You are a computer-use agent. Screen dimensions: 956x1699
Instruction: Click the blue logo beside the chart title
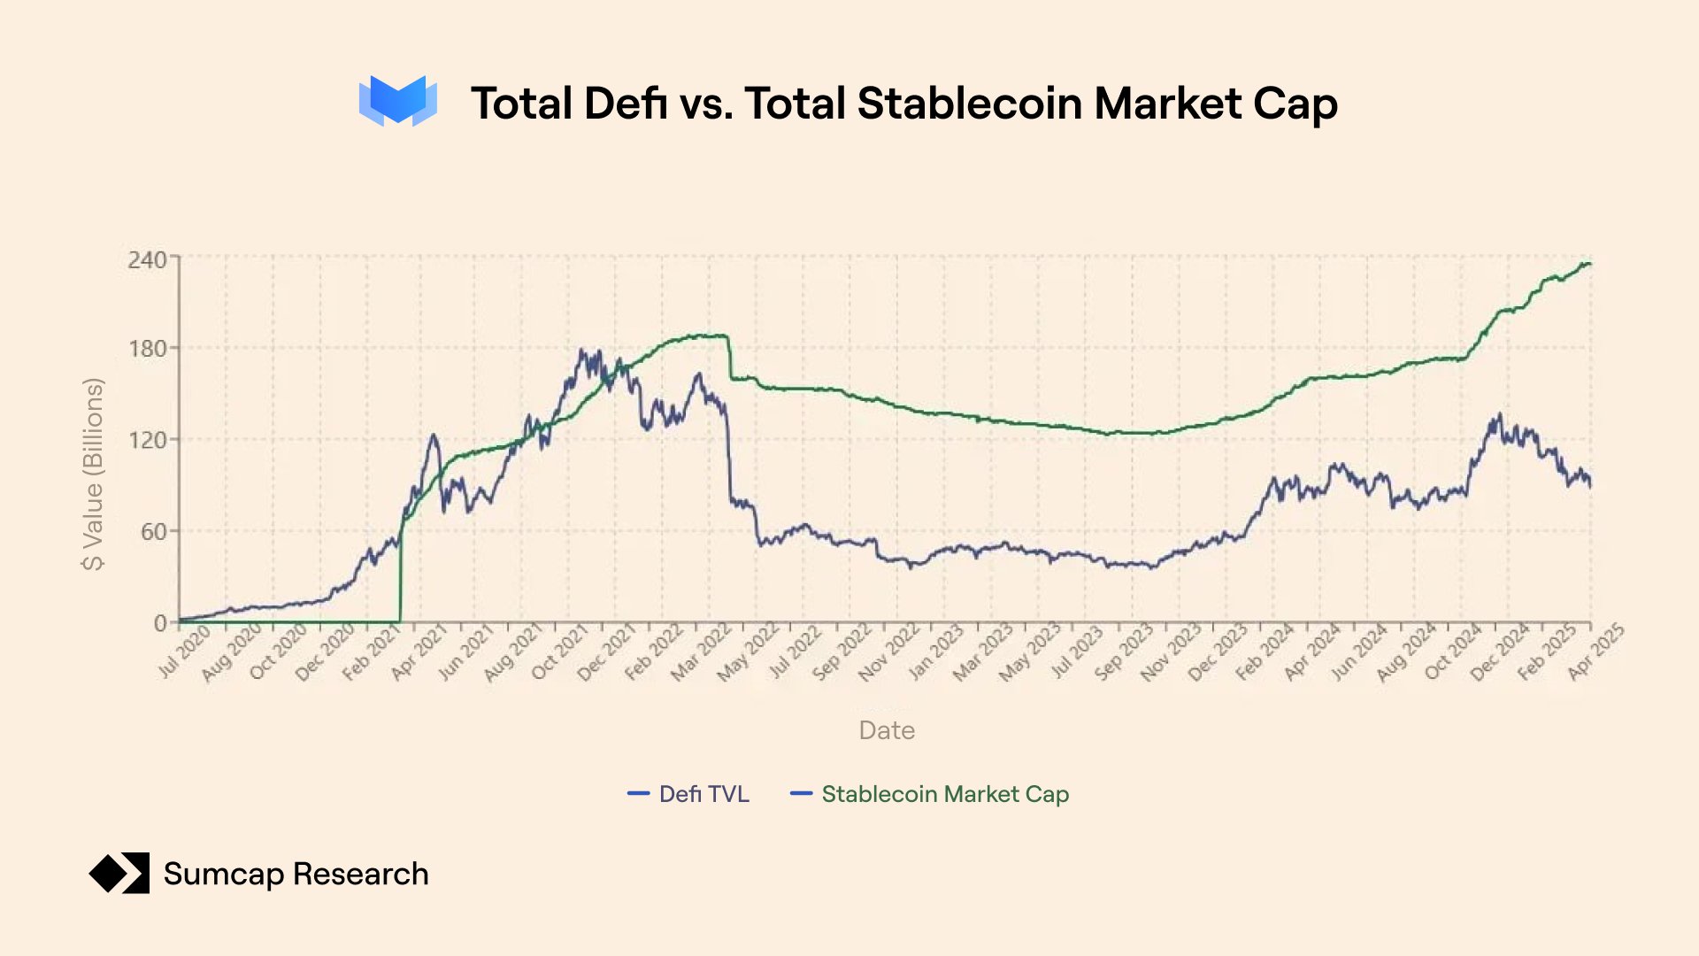pyautogui.click(x=397, y=101)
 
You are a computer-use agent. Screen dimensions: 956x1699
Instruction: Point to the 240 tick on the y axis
pyautogui.click(x=147, y=259)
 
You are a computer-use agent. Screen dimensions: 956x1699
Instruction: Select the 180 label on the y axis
pyautogui.click(x=147, y=349)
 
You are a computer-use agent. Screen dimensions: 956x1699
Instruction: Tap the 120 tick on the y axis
pyautogui.click(x=147, y=440)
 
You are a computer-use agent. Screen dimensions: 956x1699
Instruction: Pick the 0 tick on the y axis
pyautogui.click(x=160, y=622)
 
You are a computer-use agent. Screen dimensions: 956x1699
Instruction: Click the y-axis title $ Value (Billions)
pyautogui.click(x=93, y=474)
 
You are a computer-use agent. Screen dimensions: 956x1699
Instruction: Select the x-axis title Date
pyautogui.click(x=887, y=730)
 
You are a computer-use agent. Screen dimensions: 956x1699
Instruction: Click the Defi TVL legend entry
pyautogui.click(x=688, y=794)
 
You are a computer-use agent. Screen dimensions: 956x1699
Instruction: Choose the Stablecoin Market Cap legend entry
pyautogui.click(x=929, y=794)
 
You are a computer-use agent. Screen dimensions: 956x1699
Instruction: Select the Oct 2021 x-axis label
pyautogui.click(x=559, y=652)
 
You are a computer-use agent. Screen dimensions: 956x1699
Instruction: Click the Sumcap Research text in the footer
pyautogui.click(x=296, y=874)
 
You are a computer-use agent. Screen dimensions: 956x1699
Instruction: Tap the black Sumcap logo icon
pyautogui.click(x=119, y=874)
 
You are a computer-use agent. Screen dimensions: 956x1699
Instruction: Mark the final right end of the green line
pyautogui.click(x=1590, y=264)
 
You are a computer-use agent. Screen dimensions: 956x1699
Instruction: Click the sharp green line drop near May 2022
pyautogui.click(x=730, y=358)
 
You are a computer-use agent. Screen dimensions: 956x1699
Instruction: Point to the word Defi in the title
pyautogui.click(x=625, y=104)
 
